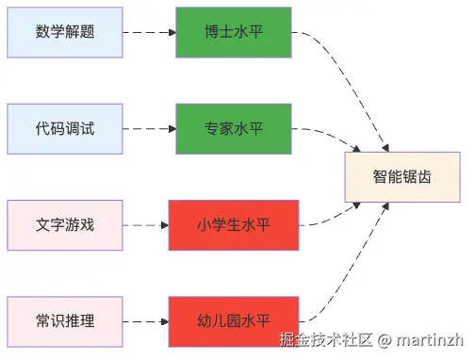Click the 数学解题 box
[65, 32]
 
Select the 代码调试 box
[65, 128]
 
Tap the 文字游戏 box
[65, 225]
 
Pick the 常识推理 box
[65, 321]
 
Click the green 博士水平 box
[233, 32]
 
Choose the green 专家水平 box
[233, 128]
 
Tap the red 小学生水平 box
[233, 225]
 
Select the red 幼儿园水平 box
[233, 321]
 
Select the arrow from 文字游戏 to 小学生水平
[145, 225]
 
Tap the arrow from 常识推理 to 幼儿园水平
[145, 321]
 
